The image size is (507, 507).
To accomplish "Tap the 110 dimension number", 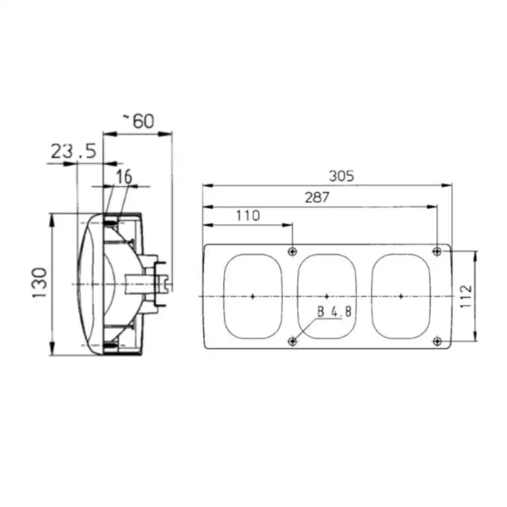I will click(x=248, y=215).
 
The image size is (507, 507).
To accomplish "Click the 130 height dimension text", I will click(x=39, y=283).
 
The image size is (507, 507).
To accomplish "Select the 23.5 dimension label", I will click(x=73, y=151).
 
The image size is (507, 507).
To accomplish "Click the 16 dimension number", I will click(x=124, y=177).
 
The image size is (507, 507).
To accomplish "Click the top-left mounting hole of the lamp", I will click(x=292, y=252).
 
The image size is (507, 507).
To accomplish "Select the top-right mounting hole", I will click(x=437, y=252).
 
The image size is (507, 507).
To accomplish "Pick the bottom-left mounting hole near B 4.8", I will click(x=292, y=342).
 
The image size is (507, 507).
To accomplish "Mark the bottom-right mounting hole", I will click(x=437, y=342).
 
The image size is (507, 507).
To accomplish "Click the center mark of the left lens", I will click(x=252, y=296).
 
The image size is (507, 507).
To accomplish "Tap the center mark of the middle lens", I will click(x=326, y=296).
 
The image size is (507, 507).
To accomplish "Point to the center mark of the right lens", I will click(x=401, y=296).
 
